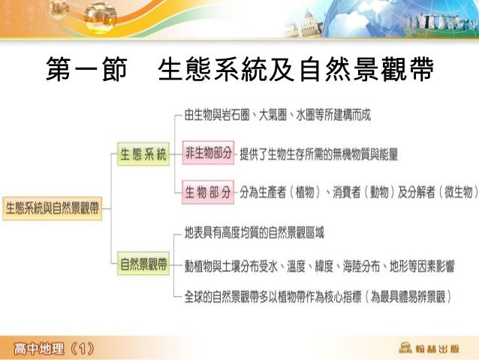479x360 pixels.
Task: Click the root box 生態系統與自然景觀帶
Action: click(x=53, y=209)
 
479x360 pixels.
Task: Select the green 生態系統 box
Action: click(x=143, y=154)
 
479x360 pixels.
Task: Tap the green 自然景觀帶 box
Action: click(x=143, y=263)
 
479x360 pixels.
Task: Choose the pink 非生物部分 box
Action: click(x=208, y=153)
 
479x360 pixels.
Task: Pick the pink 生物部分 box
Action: click(x=208, y=192)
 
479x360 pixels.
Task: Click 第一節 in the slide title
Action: click(x=86, y=69)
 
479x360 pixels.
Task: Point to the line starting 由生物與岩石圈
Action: click(x=277, y=115)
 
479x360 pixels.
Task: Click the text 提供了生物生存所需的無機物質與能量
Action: click(x=319, y=154)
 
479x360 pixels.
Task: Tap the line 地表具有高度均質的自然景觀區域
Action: click(x=255, y=233)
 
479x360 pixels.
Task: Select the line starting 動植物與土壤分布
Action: click(x=319, y=266)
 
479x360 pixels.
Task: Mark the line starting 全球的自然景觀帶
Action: click(x=318, y=297)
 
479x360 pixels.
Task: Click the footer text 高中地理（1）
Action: click(x=54, y=349)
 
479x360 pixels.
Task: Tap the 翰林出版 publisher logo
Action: click(x=429, y=348)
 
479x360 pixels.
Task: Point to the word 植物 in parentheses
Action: click(x=305, y=192)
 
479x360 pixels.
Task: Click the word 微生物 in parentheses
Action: click(x=459, y=192)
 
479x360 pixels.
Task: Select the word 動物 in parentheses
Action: click(x=379, y=192)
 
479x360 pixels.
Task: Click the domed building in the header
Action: click(x=304, y=26)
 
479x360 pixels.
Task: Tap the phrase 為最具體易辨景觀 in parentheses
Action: click(x=408, y=297)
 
